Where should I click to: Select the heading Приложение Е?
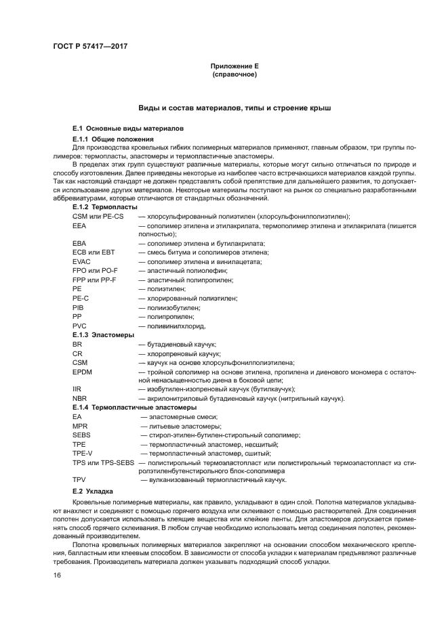(234, 66)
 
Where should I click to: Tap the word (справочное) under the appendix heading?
(234, 74)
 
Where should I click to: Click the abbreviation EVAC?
(81, 261)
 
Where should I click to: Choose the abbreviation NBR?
(79, 399)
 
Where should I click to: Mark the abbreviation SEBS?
(81, 435)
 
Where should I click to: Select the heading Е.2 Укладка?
(93, 491)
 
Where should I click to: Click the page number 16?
(57, 575)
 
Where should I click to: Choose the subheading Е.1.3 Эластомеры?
(103, 334)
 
